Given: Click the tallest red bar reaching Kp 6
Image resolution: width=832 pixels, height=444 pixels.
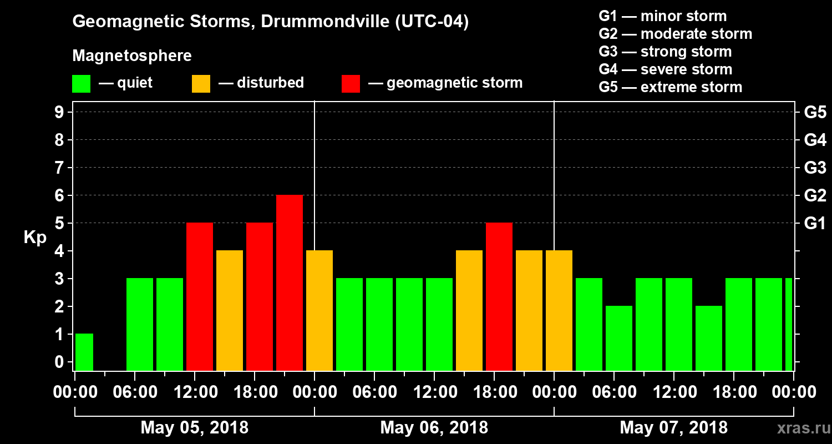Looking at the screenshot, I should [x=290, y=282].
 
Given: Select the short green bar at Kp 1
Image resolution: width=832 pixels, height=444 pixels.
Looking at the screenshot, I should [x=84, y=352].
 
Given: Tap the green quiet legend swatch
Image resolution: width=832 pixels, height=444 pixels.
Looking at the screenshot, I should [x=81, y=84].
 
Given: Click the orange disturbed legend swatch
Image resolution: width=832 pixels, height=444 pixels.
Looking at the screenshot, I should [x=201, y=84].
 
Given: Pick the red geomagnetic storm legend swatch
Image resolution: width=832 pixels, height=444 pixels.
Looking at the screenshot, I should [x=351, y=84].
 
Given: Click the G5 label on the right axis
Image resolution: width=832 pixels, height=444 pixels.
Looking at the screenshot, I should [x=815, y=113].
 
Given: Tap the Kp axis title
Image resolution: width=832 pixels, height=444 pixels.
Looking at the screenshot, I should [x=35, y=238].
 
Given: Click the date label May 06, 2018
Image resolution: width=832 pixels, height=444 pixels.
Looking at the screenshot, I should [x=434, y=428].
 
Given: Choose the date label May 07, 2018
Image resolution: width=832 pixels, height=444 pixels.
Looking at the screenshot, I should [x=673, y=428].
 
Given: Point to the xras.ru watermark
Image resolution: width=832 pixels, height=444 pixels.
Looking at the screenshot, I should [x=800, y=428].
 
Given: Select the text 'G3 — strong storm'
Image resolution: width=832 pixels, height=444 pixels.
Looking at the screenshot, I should [x=665, y=52].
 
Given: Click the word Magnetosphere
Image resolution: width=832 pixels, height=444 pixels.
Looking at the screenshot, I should [x=132, y=56].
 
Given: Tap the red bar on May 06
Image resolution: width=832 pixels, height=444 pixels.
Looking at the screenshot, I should [x=499, y=296].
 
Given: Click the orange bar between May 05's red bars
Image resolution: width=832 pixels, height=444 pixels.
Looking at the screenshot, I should [x=230, y=310].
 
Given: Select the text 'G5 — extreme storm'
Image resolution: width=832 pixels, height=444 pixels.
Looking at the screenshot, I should [x=670, y=87].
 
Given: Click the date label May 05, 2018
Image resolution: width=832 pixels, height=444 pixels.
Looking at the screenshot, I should [x=194, y=428].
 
